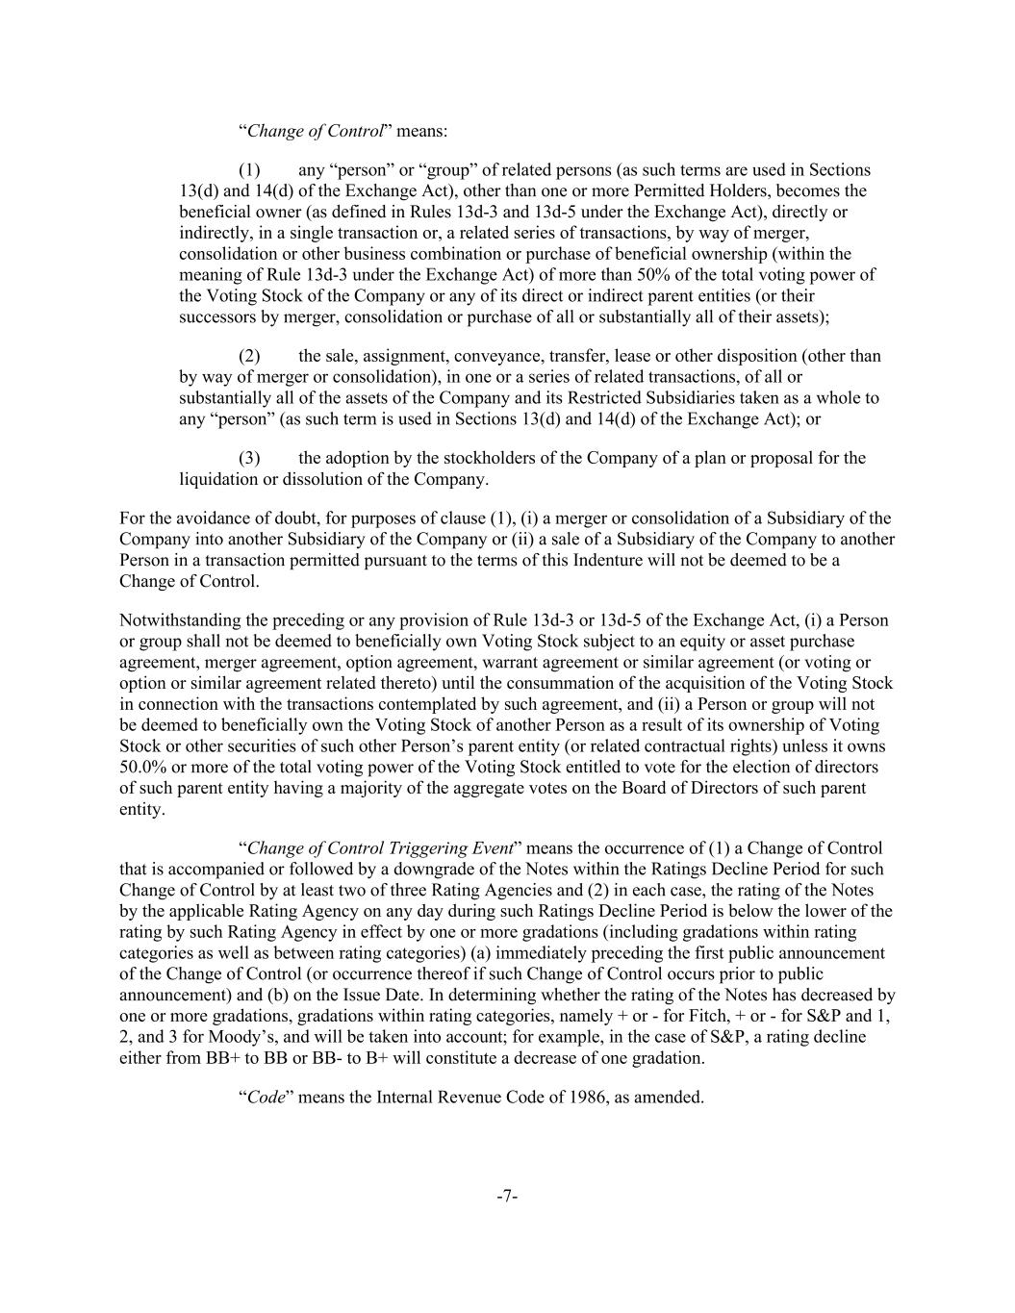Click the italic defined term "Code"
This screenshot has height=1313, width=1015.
pos(266,1098)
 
